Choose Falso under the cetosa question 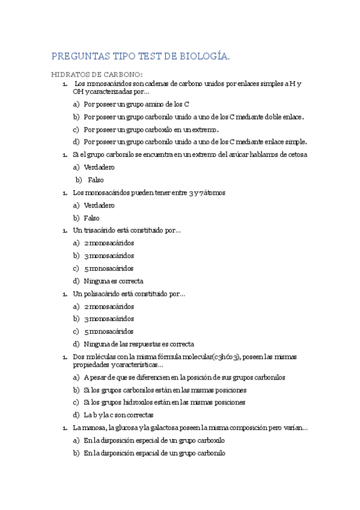pyautogui.click(x=96, y=180)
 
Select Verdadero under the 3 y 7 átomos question pyautogui.click(x=99, y=205)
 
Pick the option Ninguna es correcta pyautogui.click(x=114, y=281)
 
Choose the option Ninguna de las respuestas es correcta pyautogui.click(x=139, y=345)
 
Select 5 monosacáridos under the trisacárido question pyautogui.click(x=109, y=268)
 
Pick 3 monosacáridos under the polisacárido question pyautogui.click(x=109, y=319)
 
